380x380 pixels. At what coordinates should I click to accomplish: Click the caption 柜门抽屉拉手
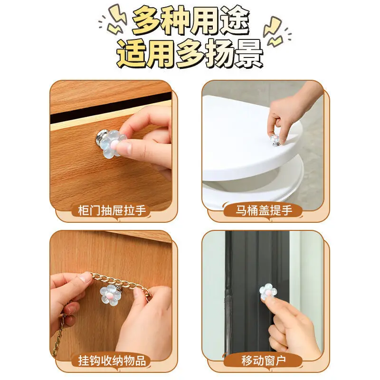click(x=112, y=210)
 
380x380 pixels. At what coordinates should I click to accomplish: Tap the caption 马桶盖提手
click(x=264, y=210)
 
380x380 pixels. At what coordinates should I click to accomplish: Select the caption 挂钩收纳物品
click(x=112, y=361)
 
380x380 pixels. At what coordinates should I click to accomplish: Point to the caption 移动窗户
click(x=264, y=361)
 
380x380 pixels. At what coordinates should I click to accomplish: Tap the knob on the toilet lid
click(x=276, y=140)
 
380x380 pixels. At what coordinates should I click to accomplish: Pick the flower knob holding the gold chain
click(x=110, y=295)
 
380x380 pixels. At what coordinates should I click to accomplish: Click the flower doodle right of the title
click(x=274, y=31)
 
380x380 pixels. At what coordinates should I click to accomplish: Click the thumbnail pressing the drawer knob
click(x=123, y=147)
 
